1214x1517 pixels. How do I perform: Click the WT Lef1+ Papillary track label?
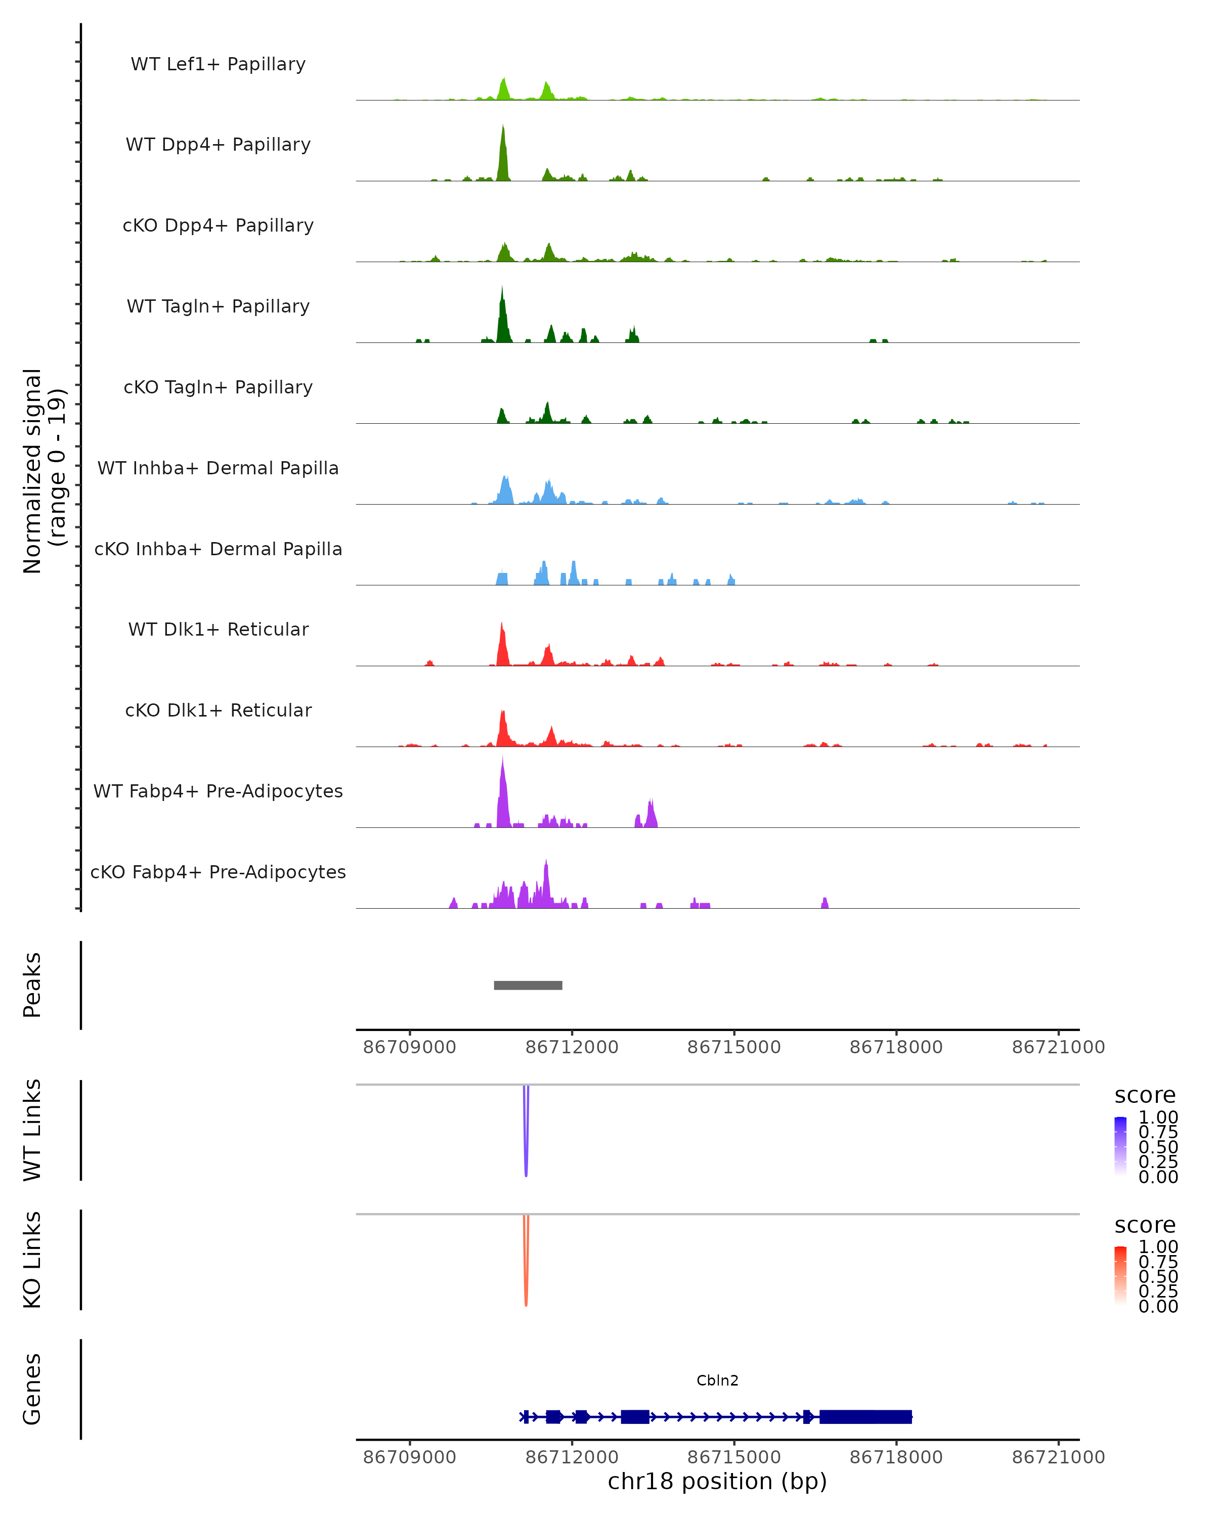[x=218, y=64]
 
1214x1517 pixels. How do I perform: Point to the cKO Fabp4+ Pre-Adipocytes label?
[x=218, y=872]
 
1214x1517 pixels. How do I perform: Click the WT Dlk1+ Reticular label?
[x=218, y=629]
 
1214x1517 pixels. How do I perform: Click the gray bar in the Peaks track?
[x=528, y=985]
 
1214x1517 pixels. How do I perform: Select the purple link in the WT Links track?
[x=526, y=1133]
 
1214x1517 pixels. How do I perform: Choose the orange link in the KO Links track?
[x=526, y=1263]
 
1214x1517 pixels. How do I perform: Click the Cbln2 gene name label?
[x=717, y=1380]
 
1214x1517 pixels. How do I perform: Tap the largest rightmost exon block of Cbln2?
[x=865, y=1416]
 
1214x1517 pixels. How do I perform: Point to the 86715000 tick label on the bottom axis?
[x=734, y=1457]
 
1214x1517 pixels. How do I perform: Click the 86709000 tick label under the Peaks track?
[x=410, y=1047]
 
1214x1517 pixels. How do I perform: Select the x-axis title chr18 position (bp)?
[x=717, y=1482]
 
